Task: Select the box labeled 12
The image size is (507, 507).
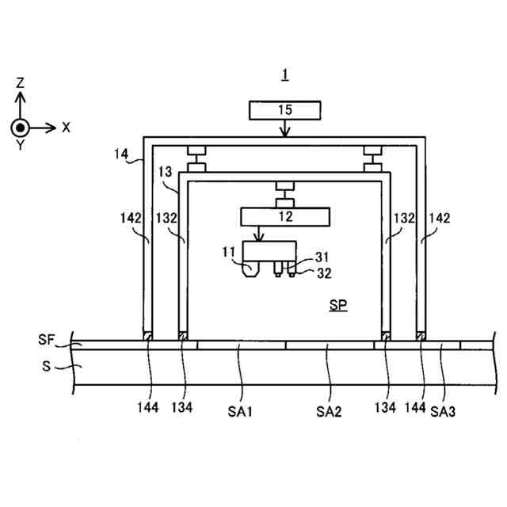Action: pos(285,215)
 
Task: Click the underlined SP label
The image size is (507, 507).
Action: pos(338,304)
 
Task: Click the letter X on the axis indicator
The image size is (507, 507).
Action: pos(67,127)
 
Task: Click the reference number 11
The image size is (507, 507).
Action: pos(229,253)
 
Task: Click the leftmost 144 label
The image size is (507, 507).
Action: pos(147,409)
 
